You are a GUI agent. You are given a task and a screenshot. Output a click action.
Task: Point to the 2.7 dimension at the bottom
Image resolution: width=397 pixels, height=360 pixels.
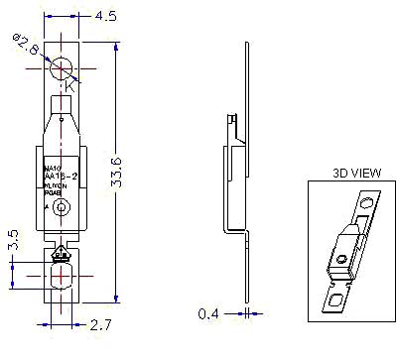101,324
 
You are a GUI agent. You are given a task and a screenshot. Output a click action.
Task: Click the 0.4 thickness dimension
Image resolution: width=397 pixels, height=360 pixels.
206,314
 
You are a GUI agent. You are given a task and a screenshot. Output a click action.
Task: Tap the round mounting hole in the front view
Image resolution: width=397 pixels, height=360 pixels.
64,67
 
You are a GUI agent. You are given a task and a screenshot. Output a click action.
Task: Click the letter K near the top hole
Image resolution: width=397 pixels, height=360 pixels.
70,88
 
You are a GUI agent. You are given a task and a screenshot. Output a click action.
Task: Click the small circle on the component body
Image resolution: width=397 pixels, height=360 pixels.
63,207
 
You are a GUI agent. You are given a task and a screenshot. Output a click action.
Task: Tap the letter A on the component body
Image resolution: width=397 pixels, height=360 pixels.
46,206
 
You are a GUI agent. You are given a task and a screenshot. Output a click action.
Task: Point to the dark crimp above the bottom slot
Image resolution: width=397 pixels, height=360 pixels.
63,252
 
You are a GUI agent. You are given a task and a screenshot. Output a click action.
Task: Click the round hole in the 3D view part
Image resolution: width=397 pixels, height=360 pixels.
367,204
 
